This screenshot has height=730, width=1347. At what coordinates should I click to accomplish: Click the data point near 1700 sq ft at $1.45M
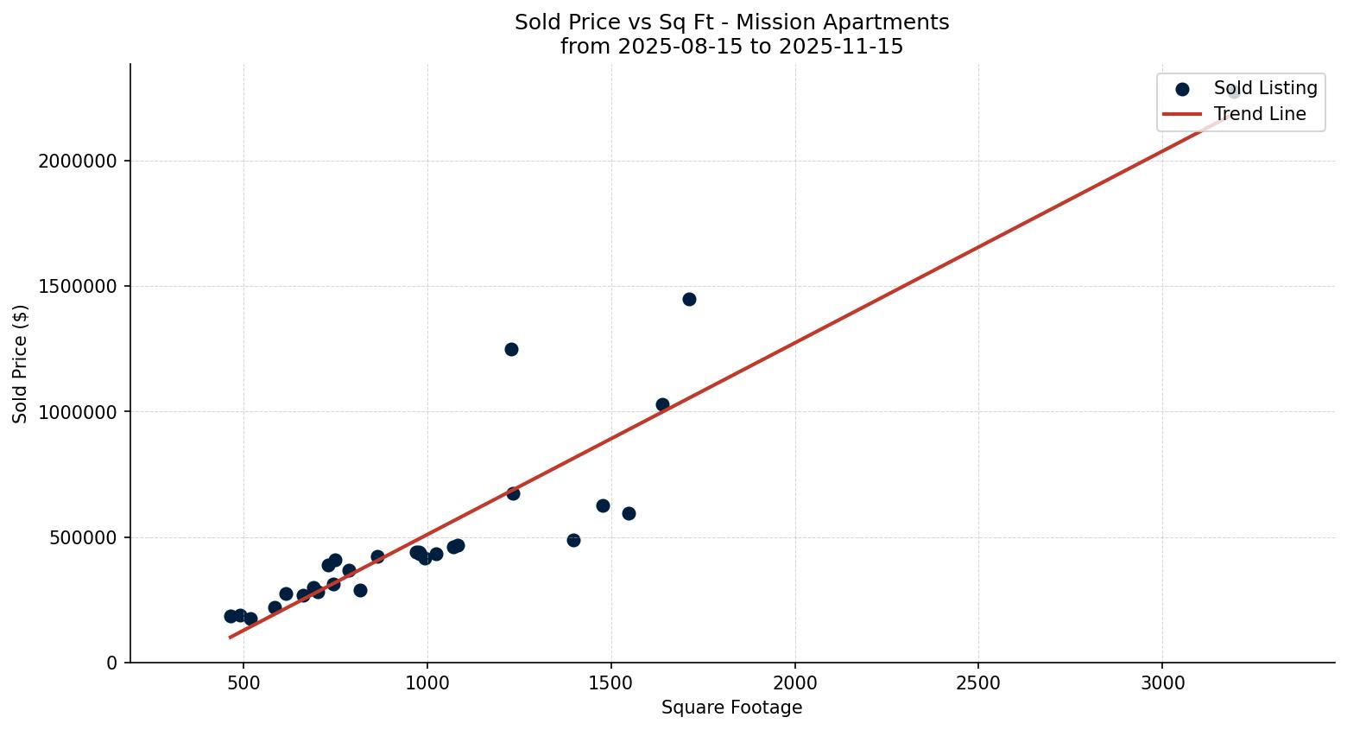click(x=689, y=299)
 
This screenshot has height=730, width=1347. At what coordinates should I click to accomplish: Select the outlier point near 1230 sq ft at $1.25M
click(x=511, y=349)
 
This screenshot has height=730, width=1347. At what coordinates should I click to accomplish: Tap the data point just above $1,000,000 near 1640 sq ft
click(x=662, y=404)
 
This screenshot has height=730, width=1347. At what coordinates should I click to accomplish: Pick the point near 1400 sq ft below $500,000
click(x=573, y=540)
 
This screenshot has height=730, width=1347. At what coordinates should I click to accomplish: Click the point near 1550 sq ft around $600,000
click(x=629, y=513)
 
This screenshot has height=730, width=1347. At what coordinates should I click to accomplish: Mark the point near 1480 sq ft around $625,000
click(x=603, y=505)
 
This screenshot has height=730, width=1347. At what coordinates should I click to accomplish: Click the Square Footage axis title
click(x=731, y=708)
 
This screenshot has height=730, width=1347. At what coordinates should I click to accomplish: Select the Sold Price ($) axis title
click(x=21, y=364)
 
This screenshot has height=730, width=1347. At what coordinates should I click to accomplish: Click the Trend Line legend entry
click(x=1259, y=114)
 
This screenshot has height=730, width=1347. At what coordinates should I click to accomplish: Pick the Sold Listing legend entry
click(x=1265, y=88)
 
